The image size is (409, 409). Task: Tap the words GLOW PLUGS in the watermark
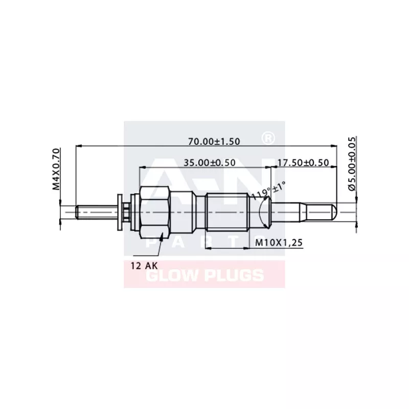[204, 276]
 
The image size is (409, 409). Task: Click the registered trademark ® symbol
[266, 138]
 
